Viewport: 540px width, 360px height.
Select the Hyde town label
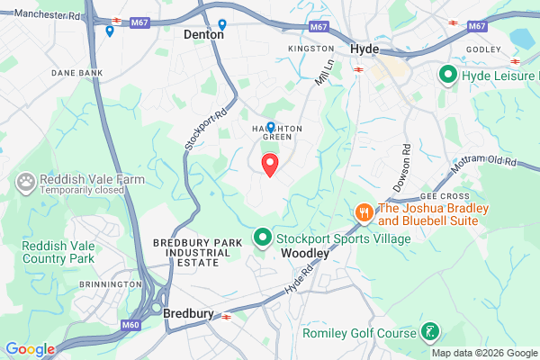(x=364, y=49)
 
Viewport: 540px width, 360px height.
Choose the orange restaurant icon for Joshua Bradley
(x=363, y=213)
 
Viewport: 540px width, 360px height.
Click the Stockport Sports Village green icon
(x=263, y=238)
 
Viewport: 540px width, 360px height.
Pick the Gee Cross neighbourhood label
(x=438, y=195)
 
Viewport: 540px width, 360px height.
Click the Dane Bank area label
(x=76, y=72)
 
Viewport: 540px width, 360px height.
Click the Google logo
(x=30, y=349)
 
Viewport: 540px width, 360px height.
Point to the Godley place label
(x=483, y=49)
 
